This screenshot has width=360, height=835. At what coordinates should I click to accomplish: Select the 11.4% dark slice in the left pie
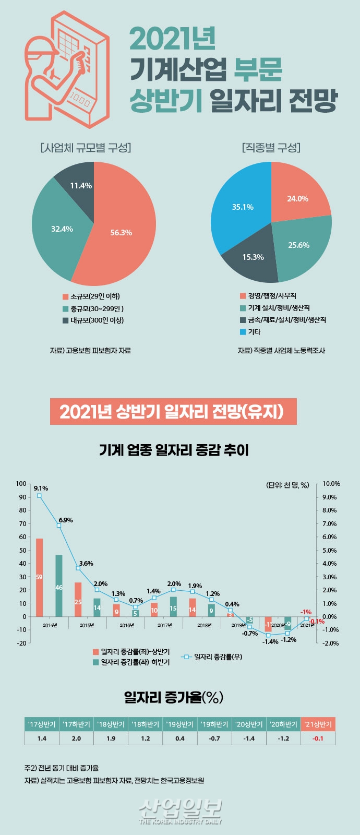click(x=78, y=180)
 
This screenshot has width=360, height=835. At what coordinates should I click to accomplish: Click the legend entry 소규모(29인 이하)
click(x=91, y=296)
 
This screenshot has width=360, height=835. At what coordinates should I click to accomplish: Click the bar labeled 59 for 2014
click(x=39, y=577)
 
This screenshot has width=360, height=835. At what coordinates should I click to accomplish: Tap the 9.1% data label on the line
click(x=41, y=488)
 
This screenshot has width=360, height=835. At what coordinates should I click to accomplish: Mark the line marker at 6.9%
click(x=59, y=525)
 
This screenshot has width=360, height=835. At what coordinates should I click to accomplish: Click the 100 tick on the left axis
click(x=21, y=484)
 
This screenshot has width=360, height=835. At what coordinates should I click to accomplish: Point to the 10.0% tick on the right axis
click(x=331, y=484)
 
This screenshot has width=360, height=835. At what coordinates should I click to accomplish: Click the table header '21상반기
click(x=318, y=724)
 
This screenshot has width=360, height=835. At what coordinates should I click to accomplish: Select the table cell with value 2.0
click(x=76, y=738)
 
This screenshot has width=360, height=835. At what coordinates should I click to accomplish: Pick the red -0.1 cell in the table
click(x=318, y=738)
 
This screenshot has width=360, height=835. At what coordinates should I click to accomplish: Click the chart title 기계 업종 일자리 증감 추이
click(x=174, y=450)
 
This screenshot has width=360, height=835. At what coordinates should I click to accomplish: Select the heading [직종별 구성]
click(x=271, y=148)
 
